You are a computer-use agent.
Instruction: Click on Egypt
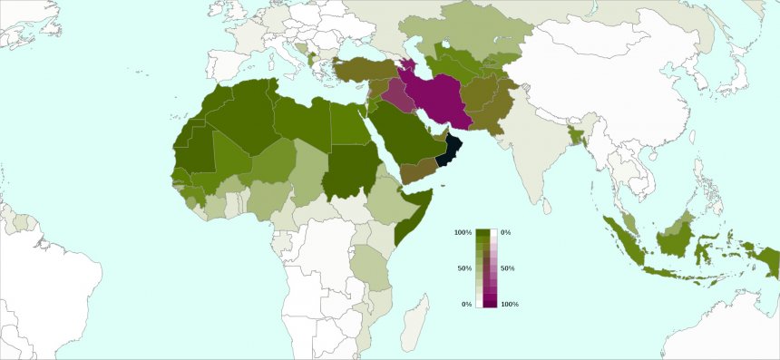pyautogui.click(x=345, y=124)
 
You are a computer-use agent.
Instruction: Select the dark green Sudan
pyautogui.click(x=348, y=170)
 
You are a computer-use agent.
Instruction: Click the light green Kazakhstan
pyautogui.click(x=472, y=41)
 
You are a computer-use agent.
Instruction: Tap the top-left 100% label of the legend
pyautogui.click(x=463, y=233)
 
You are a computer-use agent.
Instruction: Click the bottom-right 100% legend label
pyautogui.click(x=509, y=304)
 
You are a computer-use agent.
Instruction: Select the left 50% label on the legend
pyautogui.click(x=464, y=268)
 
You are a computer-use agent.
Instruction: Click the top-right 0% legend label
pyautogui.click(x=505, y=233)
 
